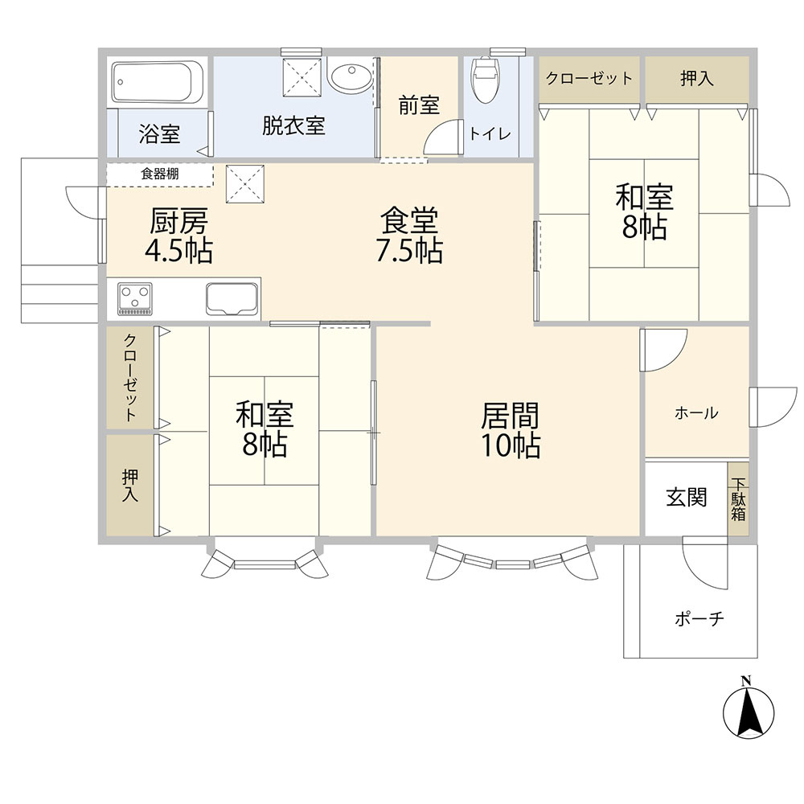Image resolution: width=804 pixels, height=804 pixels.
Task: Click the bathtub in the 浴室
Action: (x=158, y=82)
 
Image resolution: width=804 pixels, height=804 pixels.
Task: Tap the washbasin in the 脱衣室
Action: (x=351, y=77)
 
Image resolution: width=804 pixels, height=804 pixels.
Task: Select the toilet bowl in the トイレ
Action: (x=485, y=80)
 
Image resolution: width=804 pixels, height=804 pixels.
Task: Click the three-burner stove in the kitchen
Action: (x=135, y=298)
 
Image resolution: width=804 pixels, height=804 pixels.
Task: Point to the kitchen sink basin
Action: (x=232, y=298)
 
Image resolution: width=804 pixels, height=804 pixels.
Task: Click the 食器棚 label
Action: (x=160, y=174)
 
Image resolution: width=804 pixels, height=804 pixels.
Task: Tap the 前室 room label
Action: (x=419, y=105)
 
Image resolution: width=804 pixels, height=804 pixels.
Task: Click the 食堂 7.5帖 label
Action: (x=409, y=235)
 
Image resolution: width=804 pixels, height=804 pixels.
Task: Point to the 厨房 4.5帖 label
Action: (x=178, y=236)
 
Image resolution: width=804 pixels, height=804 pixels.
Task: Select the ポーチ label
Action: (x=699, y=619)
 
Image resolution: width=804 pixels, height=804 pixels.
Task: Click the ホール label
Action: (x=696, y=412)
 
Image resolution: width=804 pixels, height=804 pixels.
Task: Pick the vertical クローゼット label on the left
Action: (x=130, y=378)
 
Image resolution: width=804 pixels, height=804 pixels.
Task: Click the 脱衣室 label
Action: (x=293, y=125)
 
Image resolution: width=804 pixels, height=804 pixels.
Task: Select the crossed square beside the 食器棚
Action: (x=245, y=184)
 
